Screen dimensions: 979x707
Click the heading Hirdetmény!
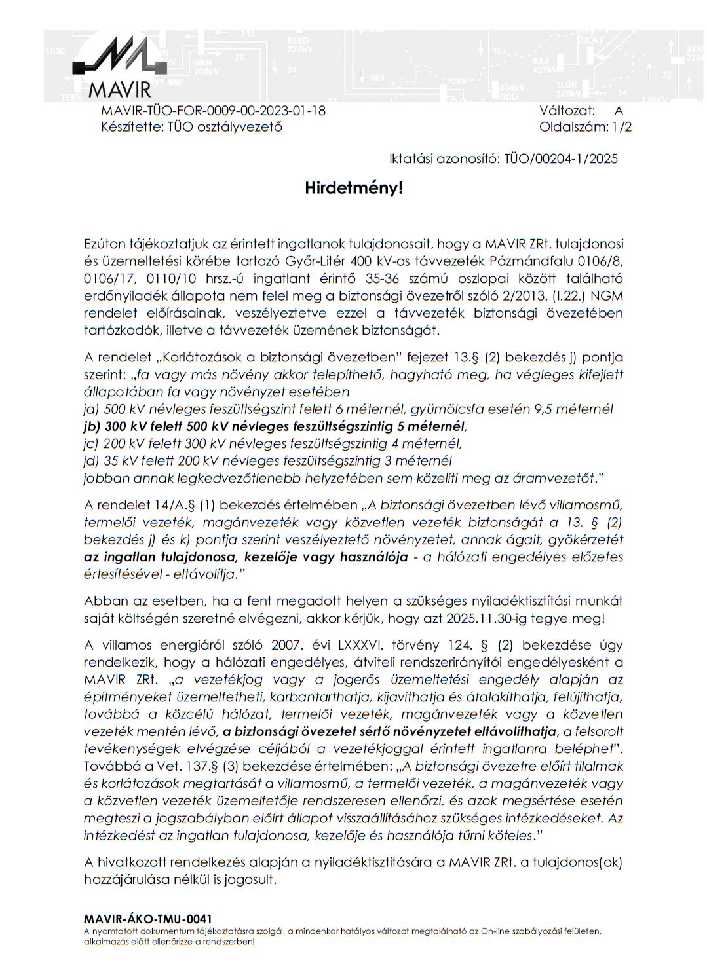tap(353, 189)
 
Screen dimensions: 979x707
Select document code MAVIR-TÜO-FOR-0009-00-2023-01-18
tap(213, 111)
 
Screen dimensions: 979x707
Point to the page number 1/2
tap(622, 127)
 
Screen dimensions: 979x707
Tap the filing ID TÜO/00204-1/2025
tap(561, 158)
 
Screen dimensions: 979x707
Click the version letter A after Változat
tap(619, 111)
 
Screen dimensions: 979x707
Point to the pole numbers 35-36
tap(381, 279)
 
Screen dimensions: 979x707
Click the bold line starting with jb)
tap(275, 426)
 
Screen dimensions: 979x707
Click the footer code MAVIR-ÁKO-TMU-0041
tap(147, 919)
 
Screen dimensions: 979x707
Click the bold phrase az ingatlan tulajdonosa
tap(159, 557)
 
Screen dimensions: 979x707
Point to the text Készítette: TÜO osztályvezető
tap(191, 127)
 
